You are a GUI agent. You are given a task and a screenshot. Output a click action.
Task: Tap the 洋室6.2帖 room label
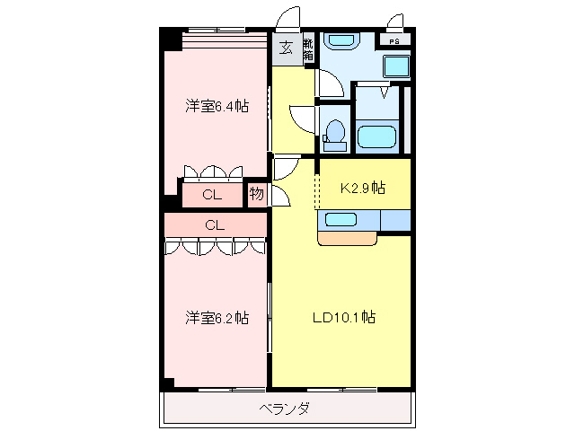(x=217, y=318)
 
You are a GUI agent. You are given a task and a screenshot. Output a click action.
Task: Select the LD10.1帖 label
(x=343, y=318)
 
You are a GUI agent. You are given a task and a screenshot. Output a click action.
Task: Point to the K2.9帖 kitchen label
(x=363, y=189)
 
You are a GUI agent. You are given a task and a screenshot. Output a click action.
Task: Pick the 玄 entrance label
(x=286, y=48)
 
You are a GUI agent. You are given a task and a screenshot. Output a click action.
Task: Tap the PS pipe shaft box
(x=395, y=40)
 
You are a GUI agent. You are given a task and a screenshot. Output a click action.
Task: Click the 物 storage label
(x=256, y=194)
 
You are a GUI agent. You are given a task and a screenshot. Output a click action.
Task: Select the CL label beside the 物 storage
(x=212, y=195)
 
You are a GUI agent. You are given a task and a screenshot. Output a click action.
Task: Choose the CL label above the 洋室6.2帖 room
(x=214, y=224)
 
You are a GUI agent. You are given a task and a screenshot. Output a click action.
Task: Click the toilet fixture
(x=334, y=132)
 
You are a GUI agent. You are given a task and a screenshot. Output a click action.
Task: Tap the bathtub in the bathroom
(x=378, y=137)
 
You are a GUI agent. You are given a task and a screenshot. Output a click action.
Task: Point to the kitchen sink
(x=341, y=219)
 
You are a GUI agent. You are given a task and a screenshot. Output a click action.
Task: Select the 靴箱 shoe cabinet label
(x=307, y=48)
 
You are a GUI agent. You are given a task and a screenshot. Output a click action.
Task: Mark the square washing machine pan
(x=395, y=66)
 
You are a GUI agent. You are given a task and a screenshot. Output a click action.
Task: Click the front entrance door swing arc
(x=289, y=18)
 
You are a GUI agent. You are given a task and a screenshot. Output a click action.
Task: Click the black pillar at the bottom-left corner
(x=168, y=384)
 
